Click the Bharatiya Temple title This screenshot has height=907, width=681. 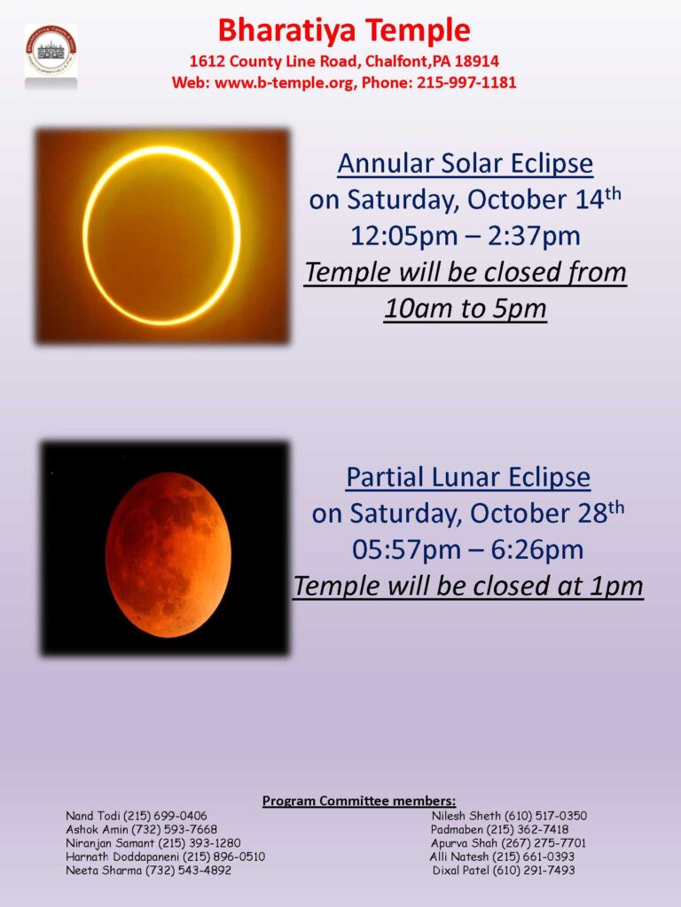coord(344,30)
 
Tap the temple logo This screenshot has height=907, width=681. coord(51,50)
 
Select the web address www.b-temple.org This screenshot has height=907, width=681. coord(285,82)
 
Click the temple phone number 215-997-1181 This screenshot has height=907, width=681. coord(466,82)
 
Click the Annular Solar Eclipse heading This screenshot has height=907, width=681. coord(465,164)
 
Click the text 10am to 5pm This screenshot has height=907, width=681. coord(465,308)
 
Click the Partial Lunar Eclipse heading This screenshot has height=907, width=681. coord(468,477)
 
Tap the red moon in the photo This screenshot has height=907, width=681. coord(168,554)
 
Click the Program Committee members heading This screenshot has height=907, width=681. coord(359,801)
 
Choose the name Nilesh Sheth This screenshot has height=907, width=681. coord(466,816)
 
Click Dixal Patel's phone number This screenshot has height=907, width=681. coord(533,870)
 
